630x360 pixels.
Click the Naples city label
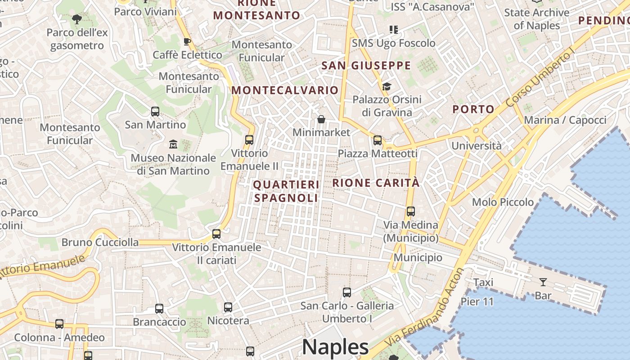click(335, 347)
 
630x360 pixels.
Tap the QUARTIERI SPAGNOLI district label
click(286, 191)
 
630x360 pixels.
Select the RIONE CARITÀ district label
click(376, 183)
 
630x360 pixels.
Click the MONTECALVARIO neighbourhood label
click(285, 90)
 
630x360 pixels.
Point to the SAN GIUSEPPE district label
click(366, 66)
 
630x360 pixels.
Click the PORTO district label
click(473, 109)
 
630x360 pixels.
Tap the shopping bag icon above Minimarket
click(321, 119)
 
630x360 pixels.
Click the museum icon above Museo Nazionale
click(173, 144)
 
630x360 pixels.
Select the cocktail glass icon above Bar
click(543, 282)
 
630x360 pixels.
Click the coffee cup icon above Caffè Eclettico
click(187, 41)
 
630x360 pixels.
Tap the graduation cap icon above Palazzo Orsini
click(387, 86)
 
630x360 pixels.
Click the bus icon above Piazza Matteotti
click(378, 140)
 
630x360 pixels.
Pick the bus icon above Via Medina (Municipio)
click(410, 211)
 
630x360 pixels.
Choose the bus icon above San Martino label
click(155, 111)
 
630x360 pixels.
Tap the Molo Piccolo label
click(503, 202)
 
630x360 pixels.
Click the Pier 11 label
click(477, 301)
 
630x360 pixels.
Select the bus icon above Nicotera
click(228, 307)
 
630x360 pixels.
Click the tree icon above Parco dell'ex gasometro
click(77, 19)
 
